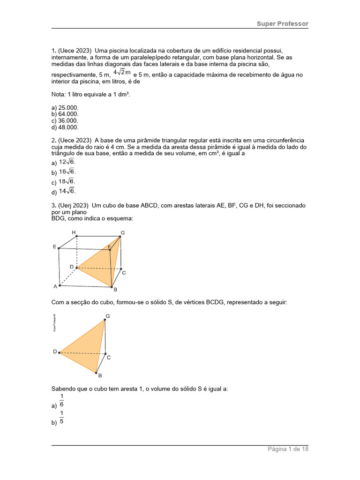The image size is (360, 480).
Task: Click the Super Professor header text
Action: (282, 23)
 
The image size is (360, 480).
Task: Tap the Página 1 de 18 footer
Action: (288, 449)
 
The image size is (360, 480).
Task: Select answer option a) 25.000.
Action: (65, 107)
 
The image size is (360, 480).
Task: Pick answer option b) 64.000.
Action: (65, 114)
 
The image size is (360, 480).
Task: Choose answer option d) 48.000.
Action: (65, 127)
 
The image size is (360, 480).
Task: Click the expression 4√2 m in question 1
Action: (121, 72)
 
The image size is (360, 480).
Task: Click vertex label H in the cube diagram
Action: (74, 232)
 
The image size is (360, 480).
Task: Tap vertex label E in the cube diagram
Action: (54, 246)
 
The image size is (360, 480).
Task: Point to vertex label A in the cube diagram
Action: (55, 286)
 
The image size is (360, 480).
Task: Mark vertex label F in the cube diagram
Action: (110, 247)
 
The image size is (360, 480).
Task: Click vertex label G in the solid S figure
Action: (108, 316)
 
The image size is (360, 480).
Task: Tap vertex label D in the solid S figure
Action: (55, 351)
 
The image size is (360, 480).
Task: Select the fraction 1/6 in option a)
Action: (61, 401)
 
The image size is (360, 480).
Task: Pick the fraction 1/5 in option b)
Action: (61, 417)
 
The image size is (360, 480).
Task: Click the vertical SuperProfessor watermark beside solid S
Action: (54, 322)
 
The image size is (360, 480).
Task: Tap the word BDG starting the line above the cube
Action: (59, 218)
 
